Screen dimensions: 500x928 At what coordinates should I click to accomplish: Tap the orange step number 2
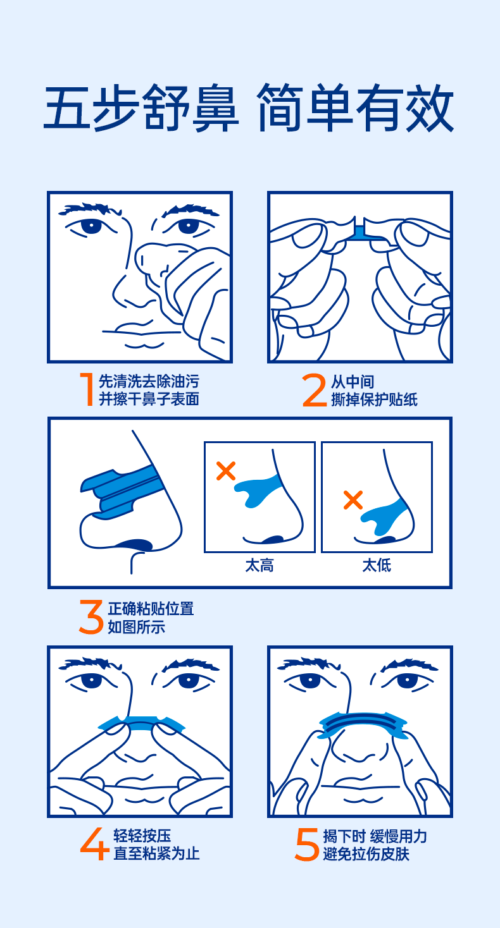(x=315, y=389)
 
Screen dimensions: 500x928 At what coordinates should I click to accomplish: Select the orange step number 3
(x=91, y=617)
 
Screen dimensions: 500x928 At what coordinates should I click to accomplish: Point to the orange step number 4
(x=94, y=843)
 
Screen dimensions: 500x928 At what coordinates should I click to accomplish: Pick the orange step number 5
(x=306, y=844)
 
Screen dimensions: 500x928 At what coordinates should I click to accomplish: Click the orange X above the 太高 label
(x=226, y=471)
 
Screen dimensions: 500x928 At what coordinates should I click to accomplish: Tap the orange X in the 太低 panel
(x=353, y=500)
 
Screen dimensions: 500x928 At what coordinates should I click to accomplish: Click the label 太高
(x=259, y=566)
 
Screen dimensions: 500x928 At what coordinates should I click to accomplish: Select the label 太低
(x=377, y=565)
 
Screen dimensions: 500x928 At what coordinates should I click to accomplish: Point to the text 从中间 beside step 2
(x=353, y=382)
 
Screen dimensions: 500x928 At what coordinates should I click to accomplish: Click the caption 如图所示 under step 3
(x=137, y=627)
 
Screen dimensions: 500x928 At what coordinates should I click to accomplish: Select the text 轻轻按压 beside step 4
(x=142, y=836)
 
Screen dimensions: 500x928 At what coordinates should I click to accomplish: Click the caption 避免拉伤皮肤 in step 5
(x=366, y=854)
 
